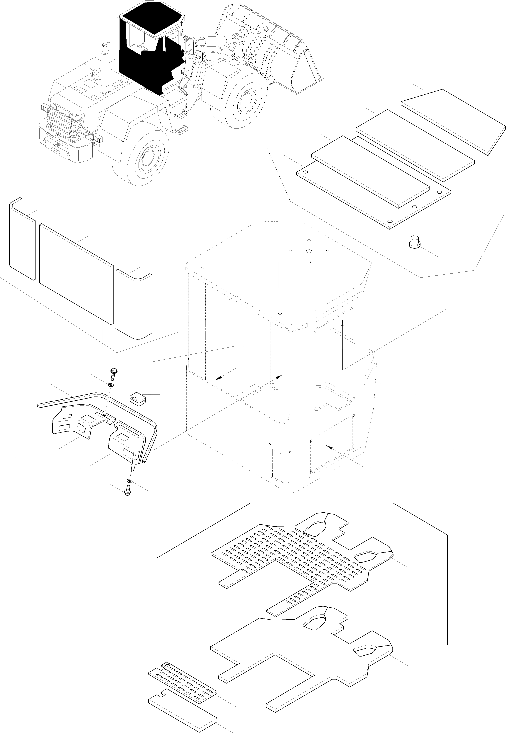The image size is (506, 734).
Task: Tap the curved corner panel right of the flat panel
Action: [134, 304]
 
